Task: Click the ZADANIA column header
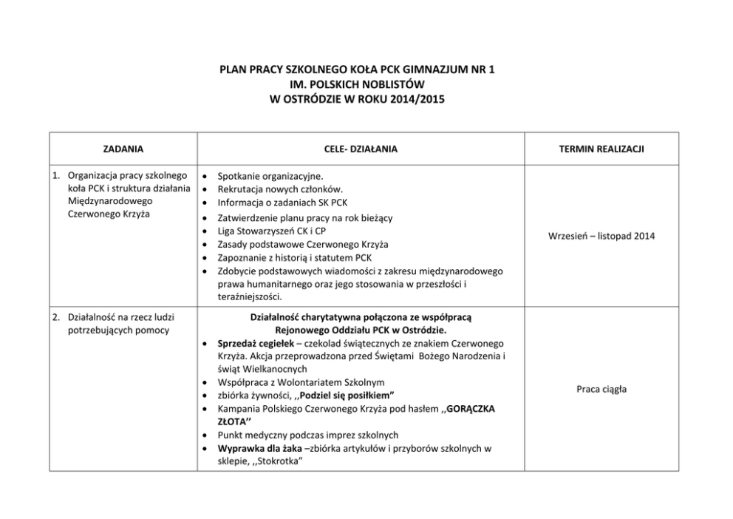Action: tap(123, 149)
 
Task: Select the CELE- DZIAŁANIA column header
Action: tap(361, 149)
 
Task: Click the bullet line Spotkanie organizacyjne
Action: tap(269, 176)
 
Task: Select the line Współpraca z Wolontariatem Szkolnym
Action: tap(301, 382)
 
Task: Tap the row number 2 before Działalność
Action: tap(55, 317)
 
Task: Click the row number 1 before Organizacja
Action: tap(55, 176)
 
